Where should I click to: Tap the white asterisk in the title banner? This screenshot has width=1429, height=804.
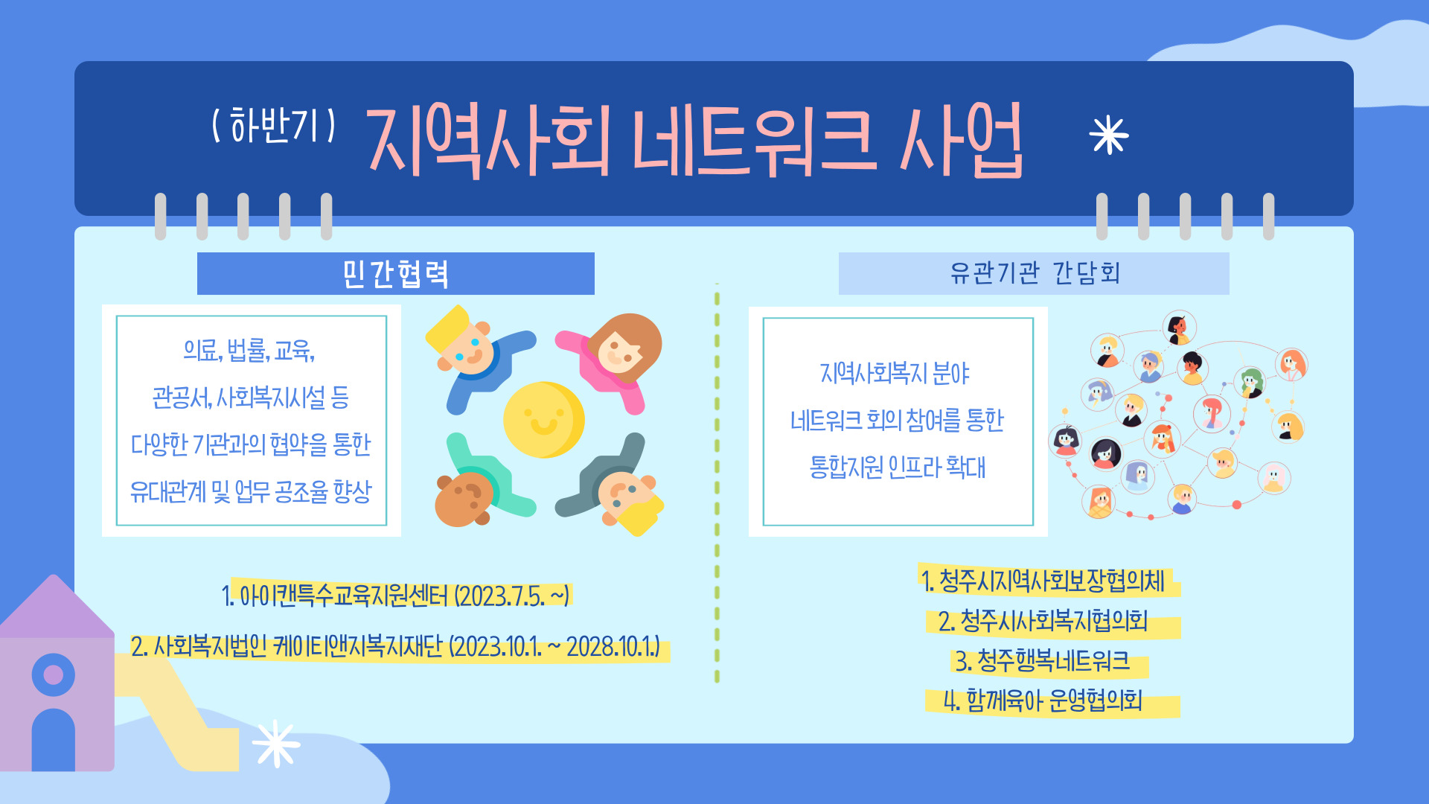point(1108,135)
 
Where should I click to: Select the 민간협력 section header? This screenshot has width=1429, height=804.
point(395,274)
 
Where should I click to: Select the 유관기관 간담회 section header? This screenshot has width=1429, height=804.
point(1034,273)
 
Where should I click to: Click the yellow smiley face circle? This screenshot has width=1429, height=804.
point(543,420)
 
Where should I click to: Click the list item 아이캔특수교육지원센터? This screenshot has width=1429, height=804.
point(395,596)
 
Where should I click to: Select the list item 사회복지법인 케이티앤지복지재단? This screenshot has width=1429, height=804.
point(395,646)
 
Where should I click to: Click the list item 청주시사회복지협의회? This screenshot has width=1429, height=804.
point(1043,620)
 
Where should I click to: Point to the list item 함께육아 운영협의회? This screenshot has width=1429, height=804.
point(1043,701)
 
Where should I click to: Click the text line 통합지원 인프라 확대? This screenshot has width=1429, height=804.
point(898,468)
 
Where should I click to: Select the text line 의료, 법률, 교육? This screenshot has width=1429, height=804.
point(249,350)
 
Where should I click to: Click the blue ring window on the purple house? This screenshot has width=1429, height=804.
point(54,674)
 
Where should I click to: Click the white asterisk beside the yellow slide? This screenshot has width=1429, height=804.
point(276,743)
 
